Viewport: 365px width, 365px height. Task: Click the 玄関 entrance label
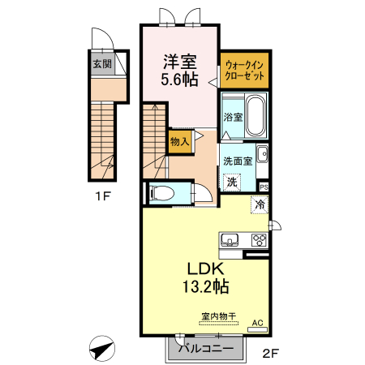102,64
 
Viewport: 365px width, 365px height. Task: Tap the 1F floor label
103,196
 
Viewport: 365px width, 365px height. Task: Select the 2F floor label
271,353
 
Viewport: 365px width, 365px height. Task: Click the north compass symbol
102,349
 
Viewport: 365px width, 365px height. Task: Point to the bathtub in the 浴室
255,116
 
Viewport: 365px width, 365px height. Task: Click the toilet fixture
161,194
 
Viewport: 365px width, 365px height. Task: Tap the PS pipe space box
264,187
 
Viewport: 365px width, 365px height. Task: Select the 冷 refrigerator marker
260,204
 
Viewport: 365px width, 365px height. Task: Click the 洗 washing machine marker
232,182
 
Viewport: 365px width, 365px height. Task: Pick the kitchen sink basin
230,239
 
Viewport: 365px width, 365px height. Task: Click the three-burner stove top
259,240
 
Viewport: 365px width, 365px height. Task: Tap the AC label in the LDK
257,323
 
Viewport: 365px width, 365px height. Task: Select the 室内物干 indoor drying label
219,316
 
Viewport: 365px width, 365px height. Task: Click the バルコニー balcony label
206,349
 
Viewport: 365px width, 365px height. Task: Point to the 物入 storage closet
180,141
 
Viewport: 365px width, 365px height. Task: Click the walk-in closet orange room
244,70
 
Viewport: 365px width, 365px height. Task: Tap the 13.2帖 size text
206,286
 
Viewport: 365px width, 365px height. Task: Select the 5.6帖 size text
179,79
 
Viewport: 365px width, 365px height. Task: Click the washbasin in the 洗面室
262,154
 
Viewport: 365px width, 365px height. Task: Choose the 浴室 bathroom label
233,117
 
